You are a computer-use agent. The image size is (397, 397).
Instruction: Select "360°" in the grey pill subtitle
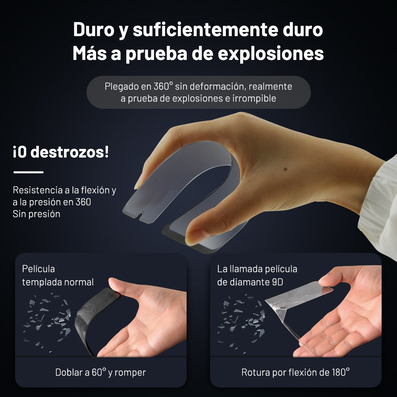[x=163, y=86]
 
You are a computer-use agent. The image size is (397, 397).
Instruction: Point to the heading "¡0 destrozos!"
[x=61, y=152]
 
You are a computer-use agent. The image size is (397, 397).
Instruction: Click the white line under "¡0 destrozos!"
[x=28, y=172]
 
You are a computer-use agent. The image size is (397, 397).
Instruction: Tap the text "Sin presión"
[x=37, y=214]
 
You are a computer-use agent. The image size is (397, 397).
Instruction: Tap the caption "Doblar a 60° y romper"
[x=100, y=372]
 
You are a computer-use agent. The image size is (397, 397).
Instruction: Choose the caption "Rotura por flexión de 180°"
[x=295, y=372]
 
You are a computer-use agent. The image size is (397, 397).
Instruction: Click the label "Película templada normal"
[x=58, y=276]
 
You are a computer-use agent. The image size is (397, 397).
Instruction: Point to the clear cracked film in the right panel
[x=286, y=314]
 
